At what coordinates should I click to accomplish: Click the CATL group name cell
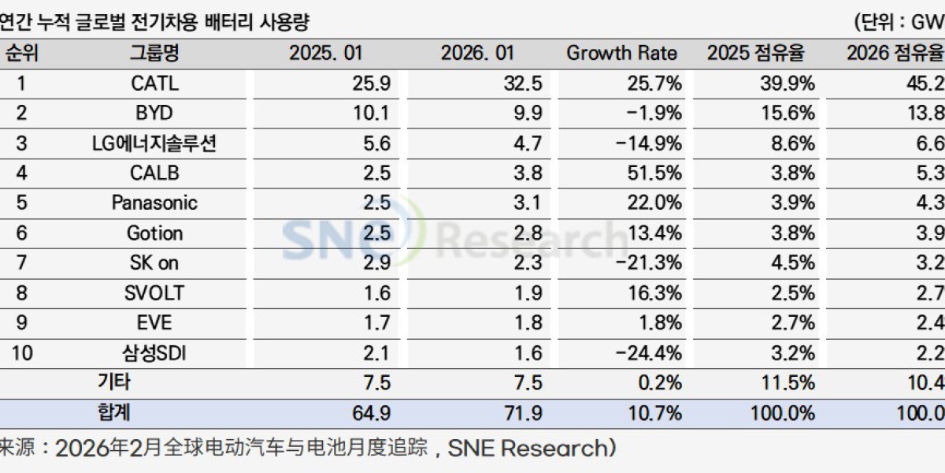click(x=154, y=83)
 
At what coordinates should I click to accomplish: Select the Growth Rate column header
click(x=621, y=54)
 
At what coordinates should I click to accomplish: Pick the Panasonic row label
click(x=154, y=203)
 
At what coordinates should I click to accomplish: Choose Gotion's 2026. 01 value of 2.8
click(x=525, y=233)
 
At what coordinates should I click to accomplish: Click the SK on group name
click(x=154, y=263)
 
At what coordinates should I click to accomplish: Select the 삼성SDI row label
click(x=154, y=353)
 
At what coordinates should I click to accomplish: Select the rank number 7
click(x=22, y=263)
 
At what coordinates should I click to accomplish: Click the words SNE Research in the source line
click(x=528, y=449)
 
